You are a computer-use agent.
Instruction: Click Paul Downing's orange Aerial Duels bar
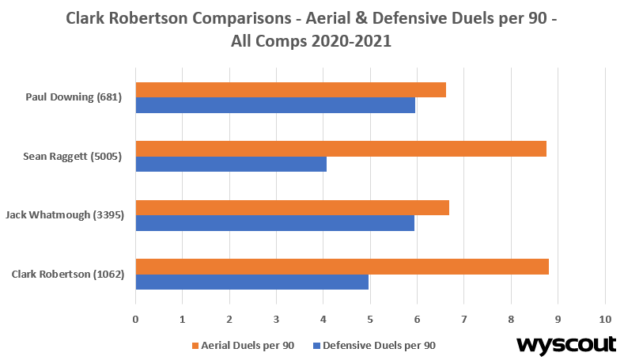(x=290, y=90)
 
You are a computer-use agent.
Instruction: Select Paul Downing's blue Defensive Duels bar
(x=275, y=105)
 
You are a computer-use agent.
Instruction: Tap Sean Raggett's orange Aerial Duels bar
(x=341, y=149)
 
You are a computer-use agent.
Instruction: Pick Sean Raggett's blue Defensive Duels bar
(x=231, y=164)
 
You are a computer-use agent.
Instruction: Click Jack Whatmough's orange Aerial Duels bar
(x=292, y=207)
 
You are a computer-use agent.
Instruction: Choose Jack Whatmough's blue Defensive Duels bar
(x=274, y=222)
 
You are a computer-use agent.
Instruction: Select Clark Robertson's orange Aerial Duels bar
(x=342, y=267)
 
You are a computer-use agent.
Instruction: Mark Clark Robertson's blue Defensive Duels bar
(x=251, y=282)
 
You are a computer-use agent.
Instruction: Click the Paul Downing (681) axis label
(x=74, y=98)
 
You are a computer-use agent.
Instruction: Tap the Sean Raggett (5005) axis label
(x=72, y=157)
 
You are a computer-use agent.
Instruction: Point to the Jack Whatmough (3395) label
(x=65, y=215)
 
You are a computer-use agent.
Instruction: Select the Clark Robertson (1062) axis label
(x=67, y=275)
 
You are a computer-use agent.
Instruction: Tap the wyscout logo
(x=566, y=345)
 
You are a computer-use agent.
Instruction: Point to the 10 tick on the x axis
(x=605, y=320)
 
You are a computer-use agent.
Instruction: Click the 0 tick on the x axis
(x=136, y=320)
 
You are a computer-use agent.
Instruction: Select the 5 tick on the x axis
(x=370, y=320)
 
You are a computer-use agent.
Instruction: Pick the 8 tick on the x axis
(x=511, y=320)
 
